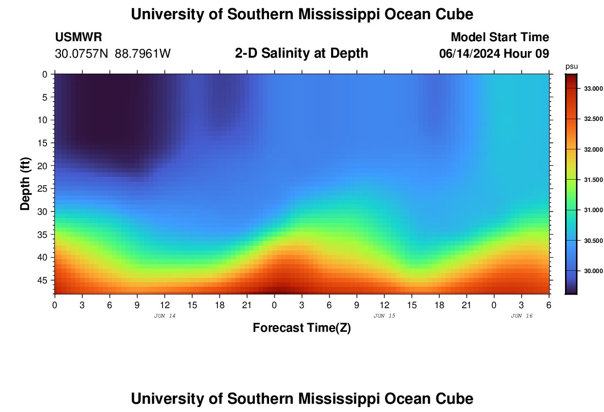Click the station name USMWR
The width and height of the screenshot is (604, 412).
(x=79, y=37)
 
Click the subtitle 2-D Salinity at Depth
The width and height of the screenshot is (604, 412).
(x=301, y=53)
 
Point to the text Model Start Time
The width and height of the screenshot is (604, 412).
(x=500, y=37)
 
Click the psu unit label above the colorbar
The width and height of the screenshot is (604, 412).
(x=571, y=66)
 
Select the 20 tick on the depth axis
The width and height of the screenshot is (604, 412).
(x=46, y=166)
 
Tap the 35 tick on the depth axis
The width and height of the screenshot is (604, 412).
(x=46, y=235)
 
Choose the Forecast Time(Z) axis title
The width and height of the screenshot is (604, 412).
(x=301, y=328)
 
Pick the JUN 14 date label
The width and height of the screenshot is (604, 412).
(x=165, y=316)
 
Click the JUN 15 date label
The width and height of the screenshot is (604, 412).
(x=384, y=316)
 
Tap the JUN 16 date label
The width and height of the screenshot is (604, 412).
(x=522, y=316)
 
